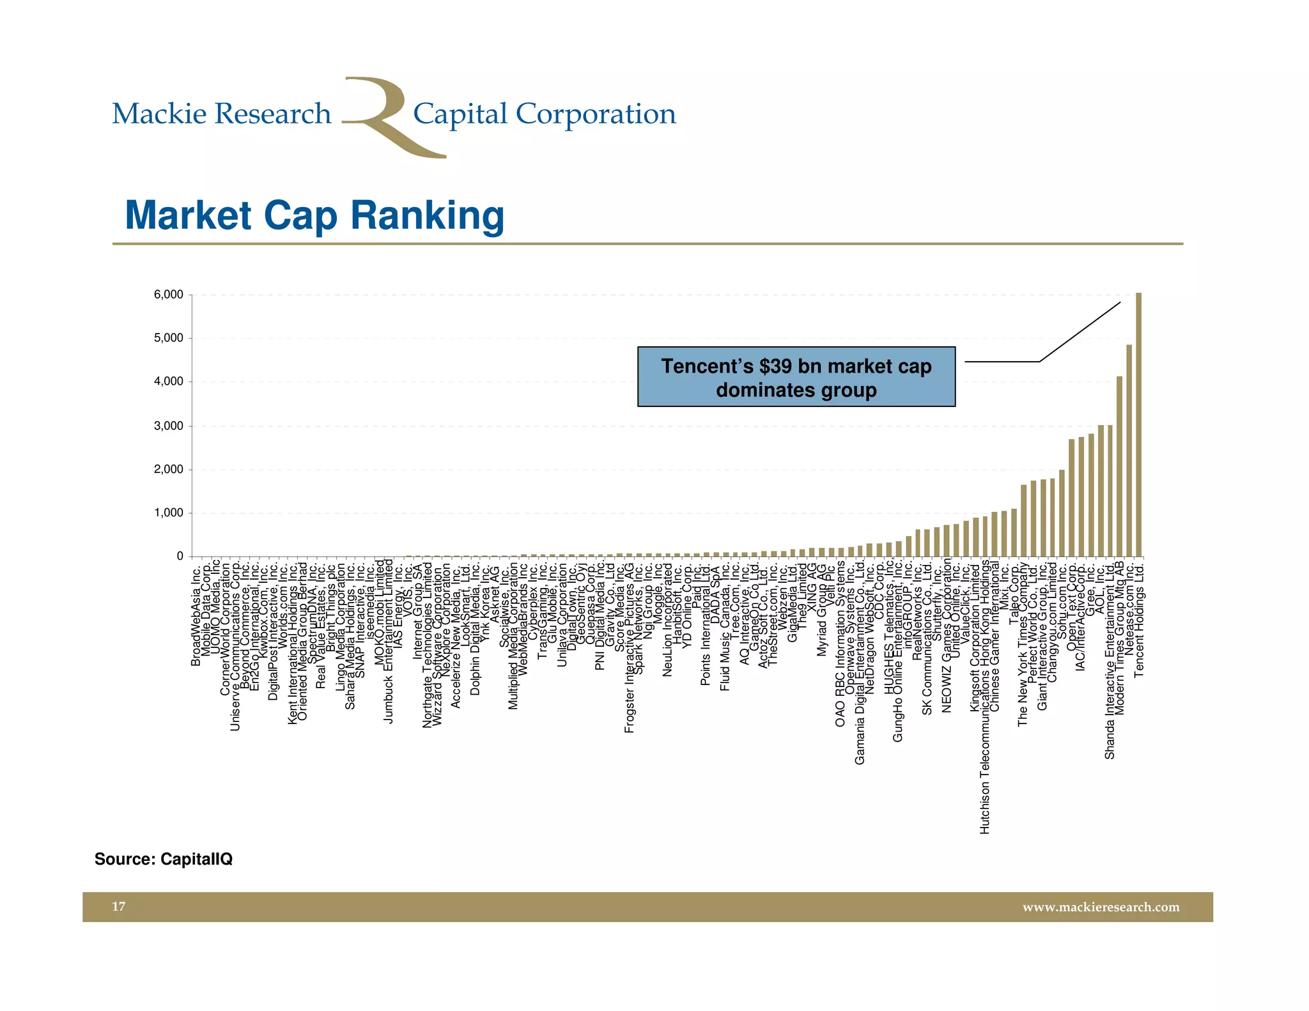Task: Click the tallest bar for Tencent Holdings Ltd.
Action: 1138,425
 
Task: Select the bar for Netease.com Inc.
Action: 1129,451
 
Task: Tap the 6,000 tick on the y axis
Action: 168,295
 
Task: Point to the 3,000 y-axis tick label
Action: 168,426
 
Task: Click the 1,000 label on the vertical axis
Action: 168,513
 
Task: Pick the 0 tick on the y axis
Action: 180,556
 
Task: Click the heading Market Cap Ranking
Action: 314,215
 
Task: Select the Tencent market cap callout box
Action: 796,377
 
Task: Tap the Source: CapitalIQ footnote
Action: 164,859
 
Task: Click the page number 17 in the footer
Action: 119,906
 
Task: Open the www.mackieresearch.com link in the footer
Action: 1101,907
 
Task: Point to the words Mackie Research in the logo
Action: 221,114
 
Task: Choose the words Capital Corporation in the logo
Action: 544,114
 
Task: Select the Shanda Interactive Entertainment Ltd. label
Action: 1110,660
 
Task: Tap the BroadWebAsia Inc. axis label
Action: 196,614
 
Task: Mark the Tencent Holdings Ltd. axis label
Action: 1138,619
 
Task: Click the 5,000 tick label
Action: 168,338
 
